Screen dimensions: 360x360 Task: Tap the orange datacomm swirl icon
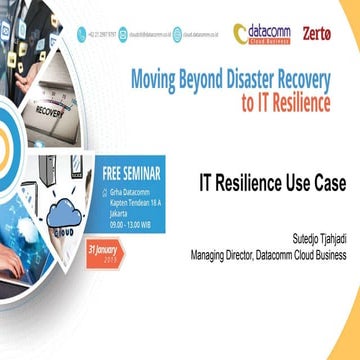pos(240,33)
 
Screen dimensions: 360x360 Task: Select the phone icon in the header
pos(81,33)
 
